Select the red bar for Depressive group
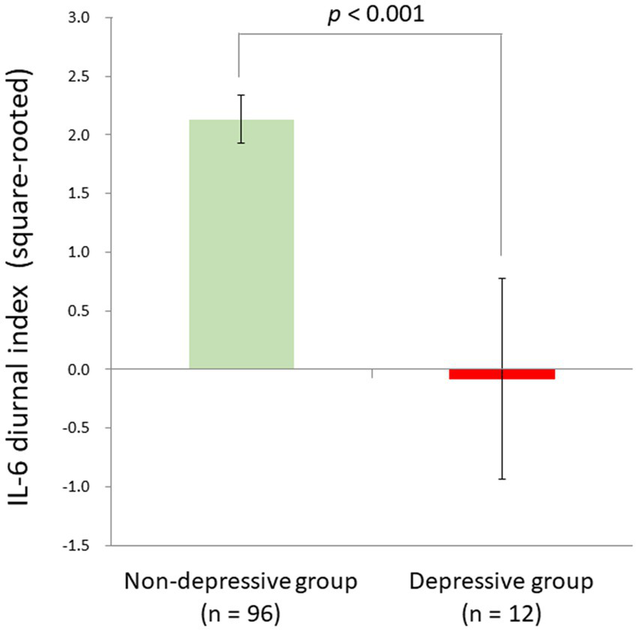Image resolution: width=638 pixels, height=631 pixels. coord(502,374)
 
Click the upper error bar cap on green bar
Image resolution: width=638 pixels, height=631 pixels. coord(241,94)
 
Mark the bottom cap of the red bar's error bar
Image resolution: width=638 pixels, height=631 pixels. coord(502,479)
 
